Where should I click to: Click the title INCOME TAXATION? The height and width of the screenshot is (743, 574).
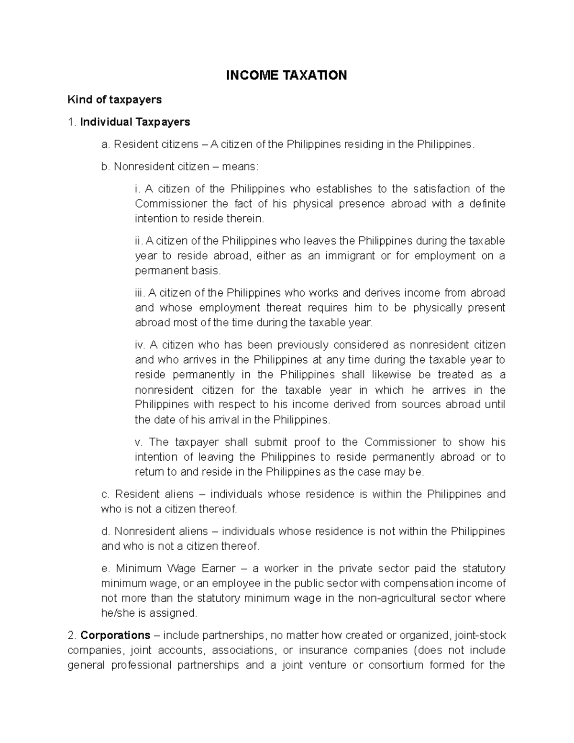point(287,75)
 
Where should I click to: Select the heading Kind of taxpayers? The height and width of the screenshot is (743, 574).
point(115,100)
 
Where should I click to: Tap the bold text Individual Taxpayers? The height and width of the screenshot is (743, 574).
point(135,122)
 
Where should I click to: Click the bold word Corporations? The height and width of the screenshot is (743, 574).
point(115,635)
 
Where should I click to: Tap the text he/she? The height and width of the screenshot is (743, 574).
point(117,613)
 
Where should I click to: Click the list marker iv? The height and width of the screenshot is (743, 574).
point(140,345)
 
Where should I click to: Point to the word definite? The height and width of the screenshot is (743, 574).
point(487,203)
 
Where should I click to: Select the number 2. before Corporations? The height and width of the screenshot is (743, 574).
point(72,635)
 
